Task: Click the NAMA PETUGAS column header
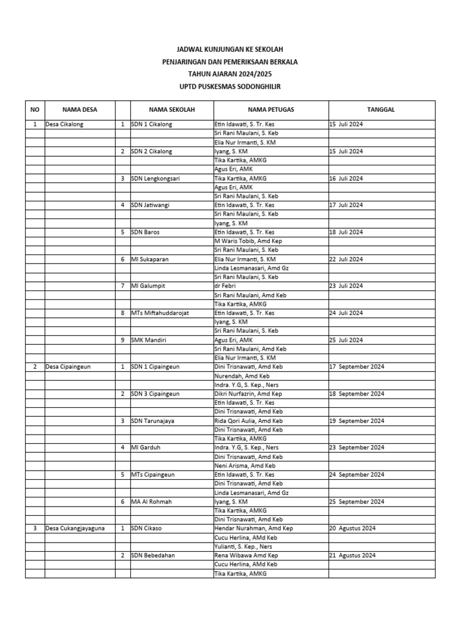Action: [271, 110]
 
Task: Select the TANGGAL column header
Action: [381, 110]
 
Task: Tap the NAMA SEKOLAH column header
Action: [171, 110]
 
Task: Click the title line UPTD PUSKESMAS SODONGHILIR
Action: [230, 87]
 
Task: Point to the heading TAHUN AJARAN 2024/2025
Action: [230, 74]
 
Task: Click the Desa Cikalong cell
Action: [64, 125]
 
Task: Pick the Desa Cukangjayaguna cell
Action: [74, 529]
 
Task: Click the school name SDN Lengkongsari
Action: [155, 178]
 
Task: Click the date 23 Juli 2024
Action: [346, 286]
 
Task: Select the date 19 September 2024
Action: [357, 421]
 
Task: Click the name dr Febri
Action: [225, 286]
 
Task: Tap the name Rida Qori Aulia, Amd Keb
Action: [248, 421]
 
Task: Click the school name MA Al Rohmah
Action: [151, 502]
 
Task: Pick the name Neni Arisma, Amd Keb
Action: [244, 466]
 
